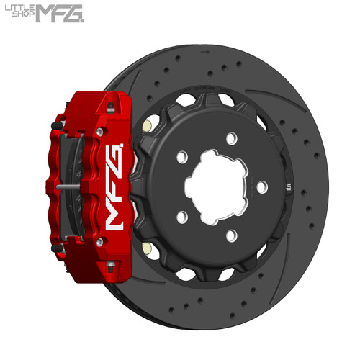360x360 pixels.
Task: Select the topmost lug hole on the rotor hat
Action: (231, 138)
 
